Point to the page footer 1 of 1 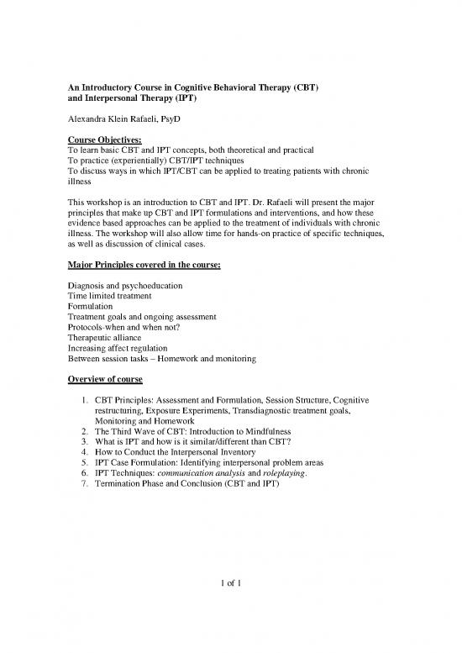230,607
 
